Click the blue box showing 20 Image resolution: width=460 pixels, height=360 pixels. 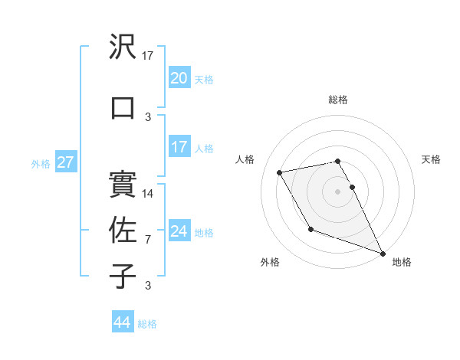point(179,78)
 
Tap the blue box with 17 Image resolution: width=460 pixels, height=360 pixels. point(179,147)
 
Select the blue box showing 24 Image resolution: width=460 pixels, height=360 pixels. point(179,231)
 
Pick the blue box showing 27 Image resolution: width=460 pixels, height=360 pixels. point(66,162)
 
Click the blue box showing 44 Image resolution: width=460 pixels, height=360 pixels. point(123,322)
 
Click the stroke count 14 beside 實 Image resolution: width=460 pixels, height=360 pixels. point(149,193)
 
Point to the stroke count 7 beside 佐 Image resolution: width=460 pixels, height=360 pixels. point(148,240)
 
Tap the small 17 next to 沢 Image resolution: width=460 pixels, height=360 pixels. point(148,56)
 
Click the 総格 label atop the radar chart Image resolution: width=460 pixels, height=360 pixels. point(338,100)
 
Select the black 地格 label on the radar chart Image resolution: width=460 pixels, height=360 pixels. point(402,262)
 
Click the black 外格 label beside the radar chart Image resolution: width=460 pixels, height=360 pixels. point(270,262)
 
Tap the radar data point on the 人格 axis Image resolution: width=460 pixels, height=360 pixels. point(280,172)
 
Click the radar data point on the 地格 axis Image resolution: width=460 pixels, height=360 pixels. point(383,254)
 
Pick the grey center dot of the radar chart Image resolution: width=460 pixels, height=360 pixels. point(338,191)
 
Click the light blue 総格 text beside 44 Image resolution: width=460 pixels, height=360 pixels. point(147,324)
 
